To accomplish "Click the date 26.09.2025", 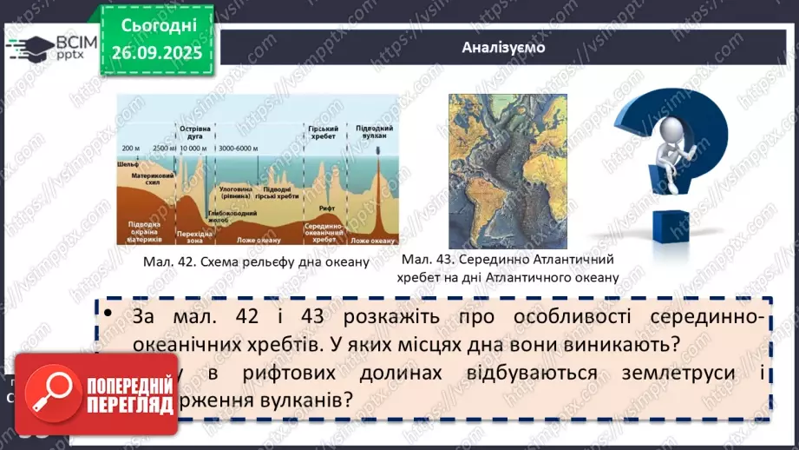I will coord(156,53).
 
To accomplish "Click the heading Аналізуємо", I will coord(504,47).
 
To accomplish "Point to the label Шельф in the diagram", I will coord(128,163).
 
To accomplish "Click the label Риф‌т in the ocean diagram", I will coord(326,208).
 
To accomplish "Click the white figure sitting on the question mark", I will coord(672,136).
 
